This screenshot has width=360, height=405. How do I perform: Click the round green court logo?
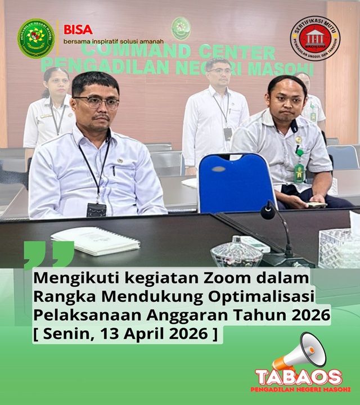(x=36, y=38)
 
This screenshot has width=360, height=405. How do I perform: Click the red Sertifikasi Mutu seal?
(x=315, y=38)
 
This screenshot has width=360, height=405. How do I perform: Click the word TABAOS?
(x=298, y=377)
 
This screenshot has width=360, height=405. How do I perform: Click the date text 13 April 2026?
(x=152, y=335)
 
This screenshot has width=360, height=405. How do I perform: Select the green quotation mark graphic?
(x=49, y=254)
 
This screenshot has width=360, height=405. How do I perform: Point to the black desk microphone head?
(x=268, y=212)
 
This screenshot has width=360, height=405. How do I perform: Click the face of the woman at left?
(x=57, y=83)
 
